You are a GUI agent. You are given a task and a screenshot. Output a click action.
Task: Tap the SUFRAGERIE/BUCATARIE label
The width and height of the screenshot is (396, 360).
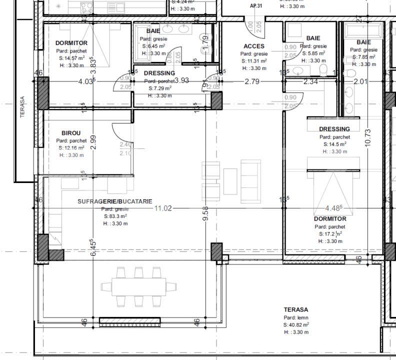coord(115,201)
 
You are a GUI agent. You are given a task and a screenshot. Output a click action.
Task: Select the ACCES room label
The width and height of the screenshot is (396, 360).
coord(254,46)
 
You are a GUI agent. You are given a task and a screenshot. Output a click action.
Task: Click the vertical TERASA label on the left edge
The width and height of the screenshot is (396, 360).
coord(22,107)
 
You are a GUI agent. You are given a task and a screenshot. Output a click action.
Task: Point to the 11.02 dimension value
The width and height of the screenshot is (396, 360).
coord(163,208)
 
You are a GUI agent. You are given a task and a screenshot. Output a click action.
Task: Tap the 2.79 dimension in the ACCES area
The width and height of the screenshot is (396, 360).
coord(251,81)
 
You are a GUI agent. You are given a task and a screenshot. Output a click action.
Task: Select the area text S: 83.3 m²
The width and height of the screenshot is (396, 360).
coord(115,216)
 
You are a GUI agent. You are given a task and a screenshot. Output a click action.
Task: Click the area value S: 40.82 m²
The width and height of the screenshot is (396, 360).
coord(296,324)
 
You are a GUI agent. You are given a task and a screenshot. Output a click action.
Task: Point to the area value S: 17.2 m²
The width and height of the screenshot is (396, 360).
coord(330,233)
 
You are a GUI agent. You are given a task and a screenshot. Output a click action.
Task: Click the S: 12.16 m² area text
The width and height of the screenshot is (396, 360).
coord(70,148)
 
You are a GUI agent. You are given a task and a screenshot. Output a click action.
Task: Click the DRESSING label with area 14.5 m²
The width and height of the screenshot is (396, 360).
coord(334,129)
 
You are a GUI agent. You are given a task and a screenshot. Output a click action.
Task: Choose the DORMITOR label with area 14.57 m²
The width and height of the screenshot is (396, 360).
coord(71,43)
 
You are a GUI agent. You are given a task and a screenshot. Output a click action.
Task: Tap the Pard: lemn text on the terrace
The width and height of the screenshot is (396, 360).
coord(296,317)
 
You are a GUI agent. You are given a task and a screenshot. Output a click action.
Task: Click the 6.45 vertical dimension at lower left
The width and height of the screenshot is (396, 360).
coord(93,248)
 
